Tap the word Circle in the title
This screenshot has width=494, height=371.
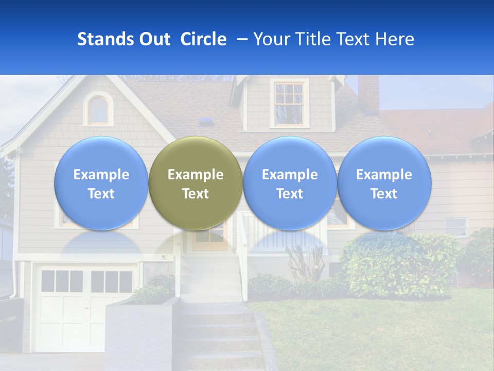[203, 39]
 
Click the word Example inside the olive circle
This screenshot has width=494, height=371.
[196, 175]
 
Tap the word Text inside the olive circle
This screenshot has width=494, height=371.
[196, 194]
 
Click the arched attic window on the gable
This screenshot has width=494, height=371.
[98, 109]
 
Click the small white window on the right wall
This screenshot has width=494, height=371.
[456, 226]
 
